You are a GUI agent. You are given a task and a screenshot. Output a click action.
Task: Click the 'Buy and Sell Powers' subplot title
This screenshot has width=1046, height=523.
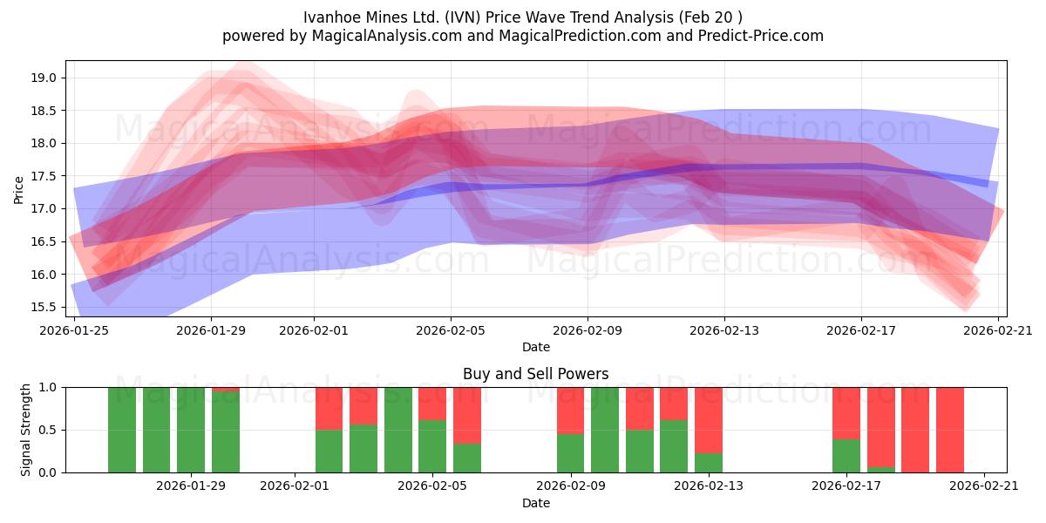click(x=535, y=374)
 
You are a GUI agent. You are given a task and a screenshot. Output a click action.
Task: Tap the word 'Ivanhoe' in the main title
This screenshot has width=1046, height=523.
click(x=332, y=17)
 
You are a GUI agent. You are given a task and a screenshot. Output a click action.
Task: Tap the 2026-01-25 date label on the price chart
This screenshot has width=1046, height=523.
click(x=74, y=330)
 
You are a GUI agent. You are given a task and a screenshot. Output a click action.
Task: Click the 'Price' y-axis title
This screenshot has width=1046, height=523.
click(x=19, y=188)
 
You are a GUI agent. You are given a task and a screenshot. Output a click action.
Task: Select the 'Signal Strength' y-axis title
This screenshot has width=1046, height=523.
click(x=26, y=430)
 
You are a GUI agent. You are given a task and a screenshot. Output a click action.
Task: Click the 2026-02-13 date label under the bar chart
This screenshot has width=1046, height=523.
click(x=709, y=486)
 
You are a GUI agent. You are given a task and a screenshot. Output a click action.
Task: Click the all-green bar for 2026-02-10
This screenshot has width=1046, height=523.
click(x=605, y=430)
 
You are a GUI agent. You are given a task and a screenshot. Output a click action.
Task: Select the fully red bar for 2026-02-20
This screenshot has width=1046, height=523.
click(x=950, y=430)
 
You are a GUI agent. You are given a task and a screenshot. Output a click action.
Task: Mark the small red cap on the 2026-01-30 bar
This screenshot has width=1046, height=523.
click(x=226, y=389)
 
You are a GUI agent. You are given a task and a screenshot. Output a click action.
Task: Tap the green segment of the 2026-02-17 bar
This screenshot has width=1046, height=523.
click(x=846, y=455)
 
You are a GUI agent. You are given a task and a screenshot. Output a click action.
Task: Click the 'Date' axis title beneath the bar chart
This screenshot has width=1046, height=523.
click(x=535, y=503)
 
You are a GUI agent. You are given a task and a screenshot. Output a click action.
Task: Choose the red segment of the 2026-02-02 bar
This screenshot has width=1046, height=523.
click(x=329, y=408)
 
